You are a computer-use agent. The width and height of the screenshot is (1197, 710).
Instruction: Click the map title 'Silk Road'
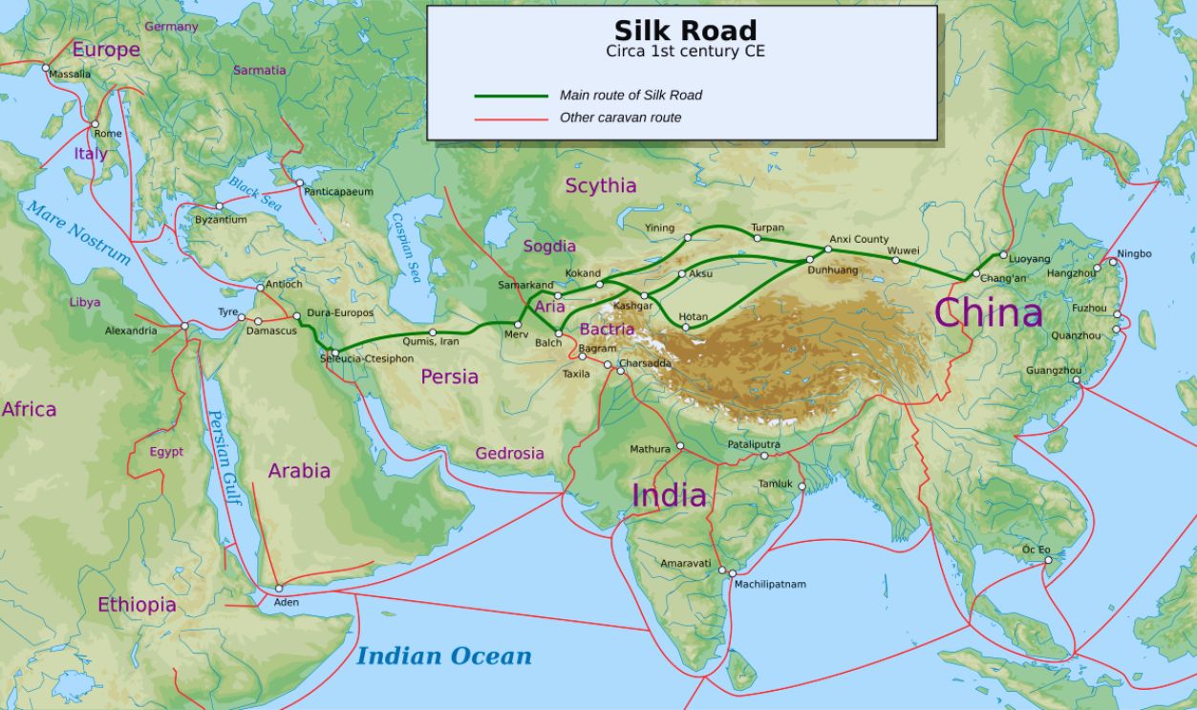coord(685,30)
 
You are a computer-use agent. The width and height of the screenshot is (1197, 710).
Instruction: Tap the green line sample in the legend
coord(511,96)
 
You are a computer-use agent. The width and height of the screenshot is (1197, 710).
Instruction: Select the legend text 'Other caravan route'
coord(620,118)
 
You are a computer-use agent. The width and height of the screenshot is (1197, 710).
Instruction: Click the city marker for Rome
coord(95,124)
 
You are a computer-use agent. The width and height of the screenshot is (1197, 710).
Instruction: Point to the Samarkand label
coord(525,285)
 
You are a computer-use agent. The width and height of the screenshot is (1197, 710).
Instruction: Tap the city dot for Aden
coord(279,589)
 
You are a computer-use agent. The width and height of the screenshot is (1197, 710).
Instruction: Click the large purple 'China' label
coord(988,313)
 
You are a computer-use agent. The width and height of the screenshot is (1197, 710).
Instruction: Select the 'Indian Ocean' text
coord(443,656)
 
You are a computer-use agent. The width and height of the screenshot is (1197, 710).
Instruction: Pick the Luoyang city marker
coord(1003,255)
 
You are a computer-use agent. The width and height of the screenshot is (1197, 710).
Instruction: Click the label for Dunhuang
coord(834,270)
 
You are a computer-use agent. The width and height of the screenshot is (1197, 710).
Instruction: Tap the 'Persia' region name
coord(449,377)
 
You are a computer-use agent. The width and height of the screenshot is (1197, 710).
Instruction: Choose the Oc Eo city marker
coord(1048,560)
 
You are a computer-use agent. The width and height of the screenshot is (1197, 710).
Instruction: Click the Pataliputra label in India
coord(754,444)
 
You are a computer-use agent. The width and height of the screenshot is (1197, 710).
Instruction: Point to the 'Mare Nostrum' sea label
coord(77,232)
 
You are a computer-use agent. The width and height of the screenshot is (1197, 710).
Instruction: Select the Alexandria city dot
coord(184,326)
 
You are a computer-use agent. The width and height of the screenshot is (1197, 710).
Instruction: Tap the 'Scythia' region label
coord(600,185)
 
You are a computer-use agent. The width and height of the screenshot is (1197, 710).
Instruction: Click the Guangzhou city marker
coord(1076,379)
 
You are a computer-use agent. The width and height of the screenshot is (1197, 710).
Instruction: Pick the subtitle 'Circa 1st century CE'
coord(685,52)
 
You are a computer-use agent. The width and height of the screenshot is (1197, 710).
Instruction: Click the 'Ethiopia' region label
coord(137,605)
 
